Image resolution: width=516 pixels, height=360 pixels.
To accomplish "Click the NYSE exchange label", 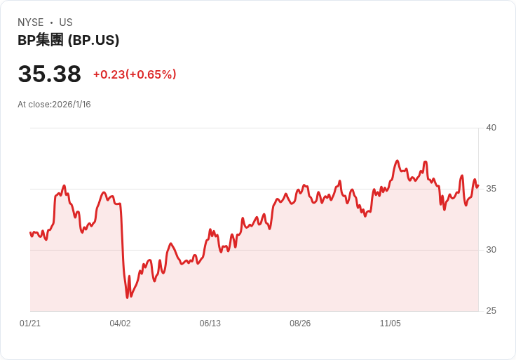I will [x=31, y=22].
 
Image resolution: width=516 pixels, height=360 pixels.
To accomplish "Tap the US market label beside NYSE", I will [x=66, y=22].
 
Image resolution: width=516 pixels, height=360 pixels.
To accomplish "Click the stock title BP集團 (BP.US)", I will [x=68, y=40].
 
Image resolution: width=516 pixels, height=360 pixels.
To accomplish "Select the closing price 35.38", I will [x=49, y=74].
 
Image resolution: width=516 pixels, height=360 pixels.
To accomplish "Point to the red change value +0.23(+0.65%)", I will [x=135, y=74].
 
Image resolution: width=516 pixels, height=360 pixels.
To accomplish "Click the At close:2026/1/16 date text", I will [x=54, y=105].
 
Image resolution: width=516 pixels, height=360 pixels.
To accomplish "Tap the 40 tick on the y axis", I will [x=491, y=128].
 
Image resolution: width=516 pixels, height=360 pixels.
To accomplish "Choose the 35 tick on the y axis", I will [x=491, y=189].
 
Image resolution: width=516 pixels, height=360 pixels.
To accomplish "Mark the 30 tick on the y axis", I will [x=491, y=250].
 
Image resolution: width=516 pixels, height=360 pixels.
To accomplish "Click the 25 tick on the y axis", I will [x=491, y=311].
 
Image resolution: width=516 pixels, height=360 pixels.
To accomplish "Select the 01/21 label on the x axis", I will [x=30, y=324].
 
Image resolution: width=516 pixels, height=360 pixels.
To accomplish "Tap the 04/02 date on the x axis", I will [x=120, y=324].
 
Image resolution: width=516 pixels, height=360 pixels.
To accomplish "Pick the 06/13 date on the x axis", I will [x=210, y=324].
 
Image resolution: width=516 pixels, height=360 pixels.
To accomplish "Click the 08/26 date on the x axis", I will [x=300, y=324].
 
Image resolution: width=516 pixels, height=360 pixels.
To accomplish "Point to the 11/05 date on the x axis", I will [x=390, y=324].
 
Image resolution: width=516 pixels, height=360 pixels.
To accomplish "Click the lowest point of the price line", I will [x=127, y=298].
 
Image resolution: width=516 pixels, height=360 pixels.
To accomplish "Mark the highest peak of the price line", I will [x=397, y=161].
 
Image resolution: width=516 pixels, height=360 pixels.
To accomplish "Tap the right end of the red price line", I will [x=477, y=186].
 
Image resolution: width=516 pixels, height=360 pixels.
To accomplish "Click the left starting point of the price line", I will [x=30, y=232].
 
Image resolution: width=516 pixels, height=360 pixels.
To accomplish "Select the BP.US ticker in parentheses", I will [x=93, y=40].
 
